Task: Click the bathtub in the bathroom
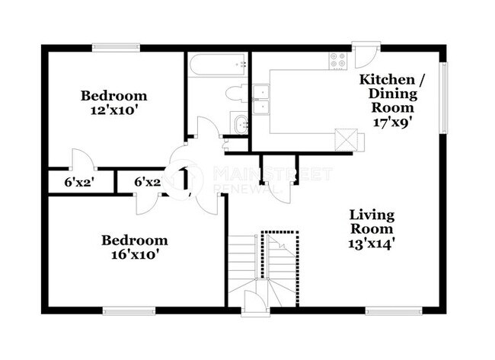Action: pyautogui.click(x=218, y=64)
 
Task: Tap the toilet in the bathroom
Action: pyautogui.click(x=236, y=94)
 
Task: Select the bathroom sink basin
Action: pyautogui.click(x=240, y=123)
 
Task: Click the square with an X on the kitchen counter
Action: pyautogui.click(x=345, y=139)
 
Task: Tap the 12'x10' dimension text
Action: pyautogui.click(x=113, y=110)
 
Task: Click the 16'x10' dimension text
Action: pyautogui.click(x=134, y=255)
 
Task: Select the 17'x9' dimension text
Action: pyautogui.click(x=393, y=121)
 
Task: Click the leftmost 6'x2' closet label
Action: pyautogui.click(x=78, y=183)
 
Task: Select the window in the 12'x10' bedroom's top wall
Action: pyautogui.click(x=114, y=47)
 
